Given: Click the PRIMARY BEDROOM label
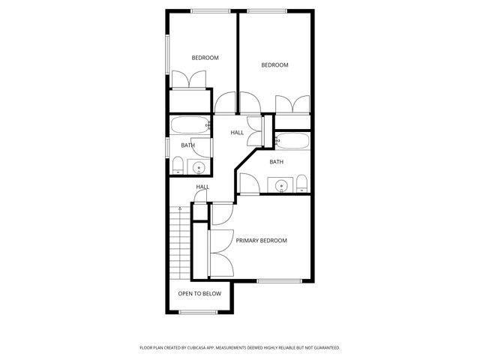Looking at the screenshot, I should coord(262,241).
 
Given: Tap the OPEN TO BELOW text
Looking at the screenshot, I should coord(199,293).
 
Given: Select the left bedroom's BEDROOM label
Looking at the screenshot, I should coord(205,58).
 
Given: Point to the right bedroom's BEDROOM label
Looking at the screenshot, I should coord(274,65).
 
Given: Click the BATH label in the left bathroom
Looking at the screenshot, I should coord(187,145).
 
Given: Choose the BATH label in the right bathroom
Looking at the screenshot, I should coord(277,161).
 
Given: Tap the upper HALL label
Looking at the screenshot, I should coord(237,133).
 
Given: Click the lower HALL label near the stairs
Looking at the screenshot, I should coord(202,187).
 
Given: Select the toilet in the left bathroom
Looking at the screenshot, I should coord(178,166).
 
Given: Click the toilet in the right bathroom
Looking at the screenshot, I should coord(301,184).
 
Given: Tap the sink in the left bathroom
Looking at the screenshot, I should coord(199,166).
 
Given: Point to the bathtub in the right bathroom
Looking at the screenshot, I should coord(292,139).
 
